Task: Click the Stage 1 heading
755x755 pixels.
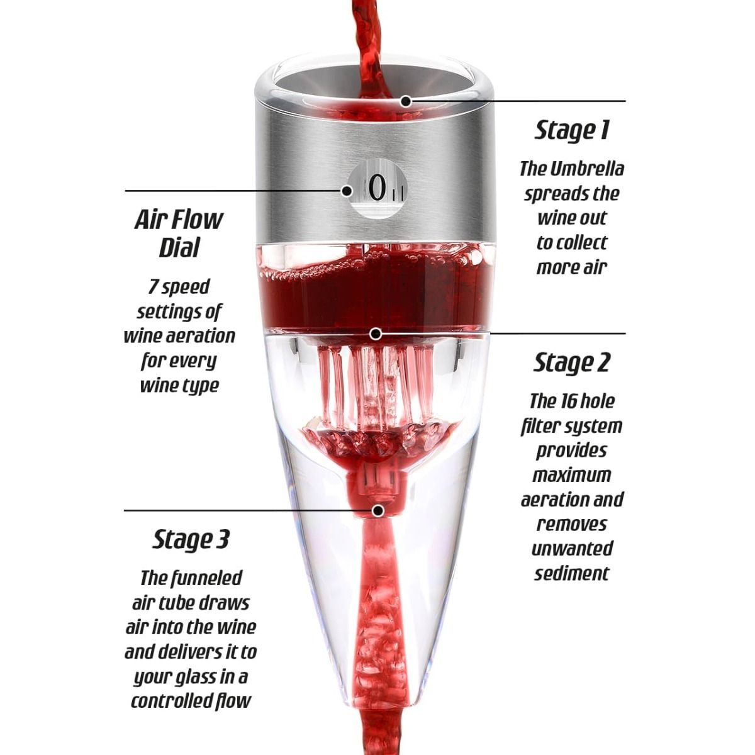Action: tap(572, 130)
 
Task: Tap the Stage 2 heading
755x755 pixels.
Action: tap(572, 362)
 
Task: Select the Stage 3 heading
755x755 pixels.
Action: tap(191, 539)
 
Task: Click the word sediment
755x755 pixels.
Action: tap(572, 574)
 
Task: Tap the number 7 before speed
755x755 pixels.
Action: tap(153, 287)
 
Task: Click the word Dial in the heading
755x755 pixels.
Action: tap(179, 247)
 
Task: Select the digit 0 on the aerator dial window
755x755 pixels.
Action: tap(377, 189)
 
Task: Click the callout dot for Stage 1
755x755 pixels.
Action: tap(406, 101)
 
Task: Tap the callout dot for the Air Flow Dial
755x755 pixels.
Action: tap(347, 191)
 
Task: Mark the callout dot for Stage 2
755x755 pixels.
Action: tap(376, 334)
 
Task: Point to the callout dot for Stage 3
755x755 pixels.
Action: tap(378, 510)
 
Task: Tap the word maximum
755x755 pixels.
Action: tap(572, 475)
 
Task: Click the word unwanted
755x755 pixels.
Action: tap(572, 549)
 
